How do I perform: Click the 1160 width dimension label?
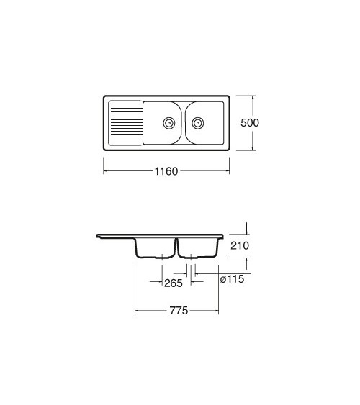pos(166,171)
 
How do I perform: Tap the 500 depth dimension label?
pos(250,123)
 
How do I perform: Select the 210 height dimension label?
pos(240,245)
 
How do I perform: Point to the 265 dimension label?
pos(174,283)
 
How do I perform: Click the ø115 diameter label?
pos(232,279)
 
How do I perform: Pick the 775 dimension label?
pos(179,311)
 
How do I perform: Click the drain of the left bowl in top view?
pos(169,123)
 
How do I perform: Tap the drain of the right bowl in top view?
pos(198,123)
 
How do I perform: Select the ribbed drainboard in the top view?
pos(126,123)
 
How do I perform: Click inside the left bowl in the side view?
pos(155,248)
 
